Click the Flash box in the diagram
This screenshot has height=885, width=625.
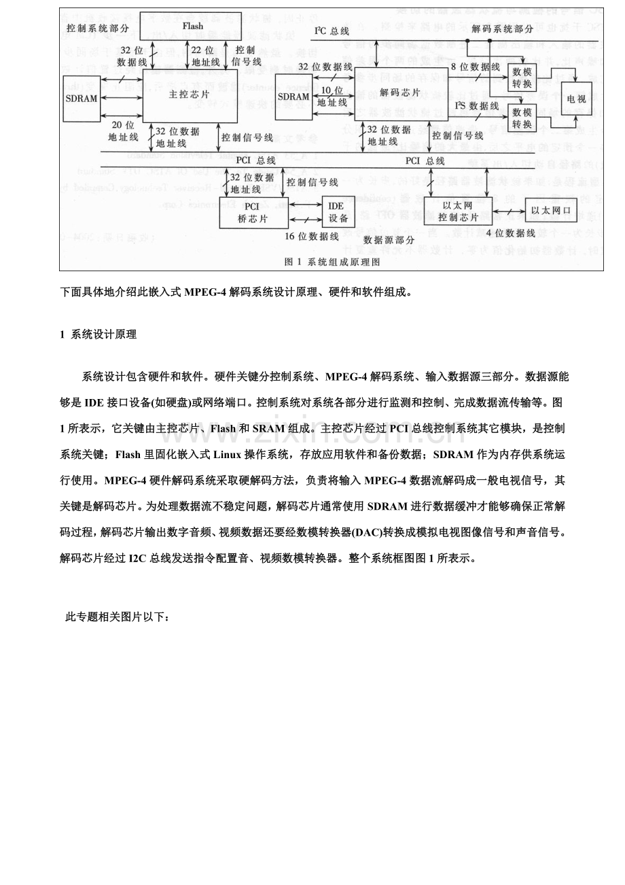coord(193,26)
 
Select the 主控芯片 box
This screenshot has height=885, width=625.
coord(180,96)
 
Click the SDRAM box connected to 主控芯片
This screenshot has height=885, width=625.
coord(82,99)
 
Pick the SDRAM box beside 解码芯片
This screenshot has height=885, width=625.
coord(293,97)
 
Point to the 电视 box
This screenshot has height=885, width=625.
coord(575,99)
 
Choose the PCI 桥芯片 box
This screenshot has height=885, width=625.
coord(253,213)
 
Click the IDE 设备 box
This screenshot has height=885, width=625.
coord(338,212)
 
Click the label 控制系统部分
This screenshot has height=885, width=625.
coord(98,28)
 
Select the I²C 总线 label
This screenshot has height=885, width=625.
coord(332,31)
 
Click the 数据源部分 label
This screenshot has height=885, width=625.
coord(389,239)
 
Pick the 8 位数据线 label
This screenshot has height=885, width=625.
coord(476,67)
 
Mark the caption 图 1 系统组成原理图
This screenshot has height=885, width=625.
coord(332,261)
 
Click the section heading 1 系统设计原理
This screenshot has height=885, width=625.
coord(99,334)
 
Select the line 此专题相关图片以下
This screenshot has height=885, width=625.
coord(117,617)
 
